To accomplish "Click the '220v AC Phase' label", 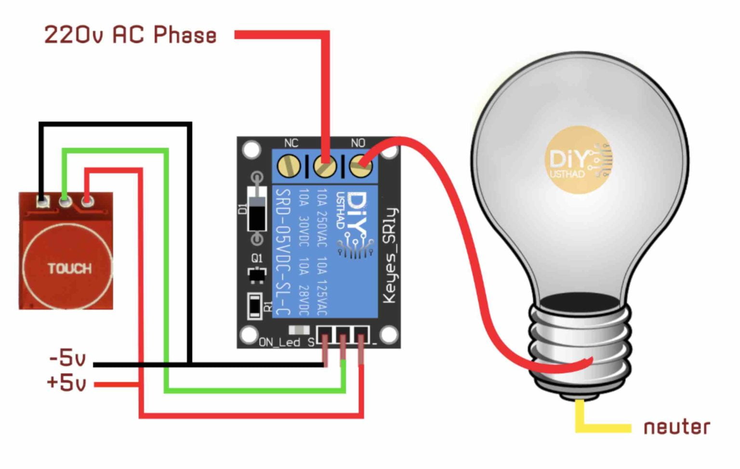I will [130, 35].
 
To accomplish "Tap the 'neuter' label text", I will [676, 427].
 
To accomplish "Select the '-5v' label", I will [67, 358].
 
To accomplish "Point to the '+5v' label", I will [66, 383].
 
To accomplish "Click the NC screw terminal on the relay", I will [289, 166].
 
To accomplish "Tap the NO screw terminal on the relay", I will [360, 166].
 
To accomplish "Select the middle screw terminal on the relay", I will [325, 166].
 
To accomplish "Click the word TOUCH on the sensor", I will [69, 268].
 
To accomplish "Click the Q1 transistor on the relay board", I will [257, 274].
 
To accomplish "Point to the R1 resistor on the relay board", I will [255, 306].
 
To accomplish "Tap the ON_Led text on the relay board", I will [279, 342].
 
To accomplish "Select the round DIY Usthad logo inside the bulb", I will [578, 160].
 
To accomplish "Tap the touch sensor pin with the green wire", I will [65, 201].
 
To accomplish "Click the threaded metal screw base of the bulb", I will [581, 347].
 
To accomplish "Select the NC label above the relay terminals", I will [291, 143].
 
